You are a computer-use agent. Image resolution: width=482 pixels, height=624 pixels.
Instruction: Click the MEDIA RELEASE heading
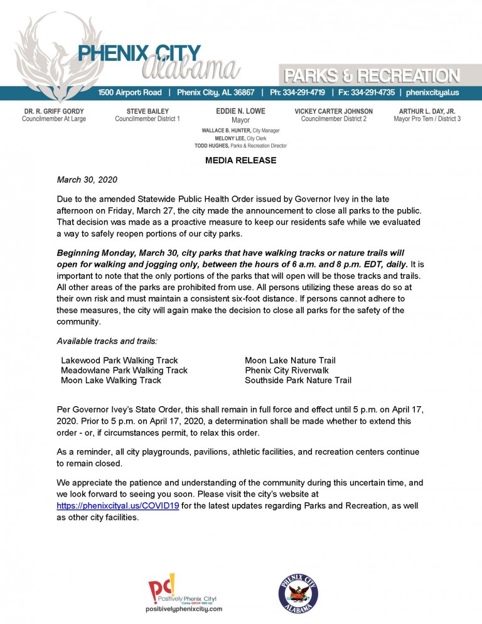[x=240, y=161]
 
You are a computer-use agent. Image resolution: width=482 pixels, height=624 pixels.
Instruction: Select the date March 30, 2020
[x=87, y=180]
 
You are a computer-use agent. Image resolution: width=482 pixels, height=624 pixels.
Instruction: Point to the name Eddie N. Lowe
[x=240, y=111]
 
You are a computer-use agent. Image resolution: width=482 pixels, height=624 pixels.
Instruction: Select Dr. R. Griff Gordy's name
[x=54, y=111]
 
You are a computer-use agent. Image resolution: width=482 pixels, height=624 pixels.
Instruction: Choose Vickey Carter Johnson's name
[x=333, y=111]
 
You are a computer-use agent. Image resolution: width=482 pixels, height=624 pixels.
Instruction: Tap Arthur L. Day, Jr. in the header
[x=427, y=111]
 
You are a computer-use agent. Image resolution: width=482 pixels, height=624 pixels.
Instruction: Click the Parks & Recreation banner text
[x=372, y=77]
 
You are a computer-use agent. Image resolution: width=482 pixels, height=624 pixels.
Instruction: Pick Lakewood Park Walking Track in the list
[x=119, y=360]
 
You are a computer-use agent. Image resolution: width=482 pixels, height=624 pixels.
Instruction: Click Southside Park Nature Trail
[x=298, y=380]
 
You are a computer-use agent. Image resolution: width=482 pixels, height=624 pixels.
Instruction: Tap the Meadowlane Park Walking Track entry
[x=124, y=370]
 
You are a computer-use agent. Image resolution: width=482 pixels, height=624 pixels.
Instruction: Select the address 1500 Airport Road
[x=130, y=93]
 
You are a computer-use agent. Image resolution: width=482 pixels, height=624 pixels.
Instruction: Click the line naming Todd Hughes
[x=240, y=146]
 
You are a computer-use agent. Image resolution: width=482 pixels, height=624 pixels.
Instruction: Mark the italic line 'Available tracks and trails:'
[x=107, y=341]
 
